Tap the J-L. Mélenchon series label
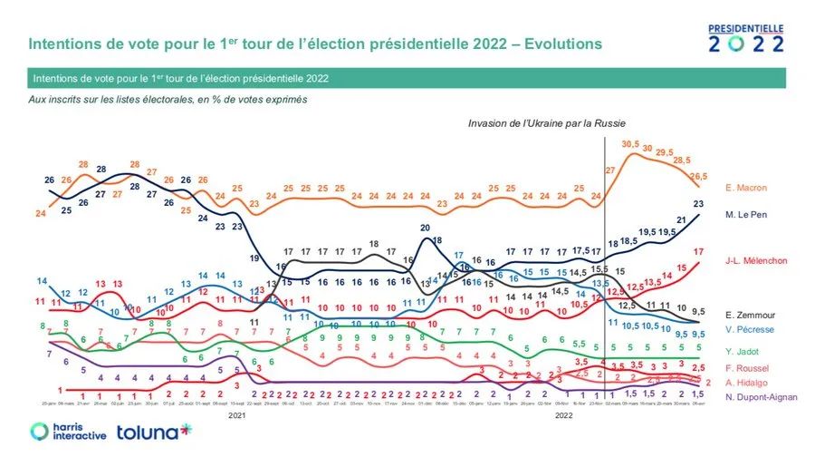tap(756, 262)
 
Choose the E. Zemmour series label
tap(749, 315)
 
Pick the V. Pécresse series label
tap(749, 328)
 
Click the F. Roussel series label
tap(746, 367)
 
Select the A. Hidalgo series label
tap(746, 382)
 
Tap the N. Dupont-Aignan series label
tap(760, 397)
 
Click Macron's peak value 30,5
tap(631, 143)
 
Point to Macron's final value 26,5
tap(698, 175)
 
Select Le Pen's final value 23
tap(699, 203)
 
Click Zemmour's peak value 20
tap(425, 227)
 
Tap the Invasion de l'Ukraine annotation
tap(547, 122)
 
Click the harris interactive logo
tap(68, 432)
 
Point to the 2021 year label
tap(236, 414)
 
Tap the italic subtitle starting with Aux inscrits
tap(168, 100)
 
